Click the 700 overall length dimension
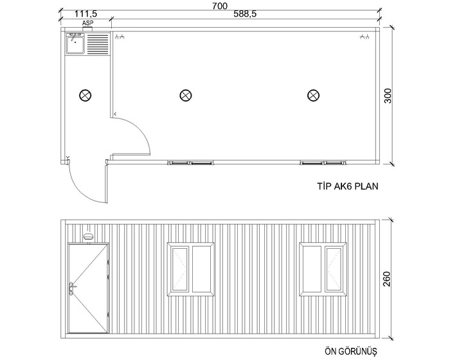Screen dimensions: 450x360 (x=220, y=6)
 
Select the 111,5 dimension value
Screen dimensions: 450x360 (x=85, y=14)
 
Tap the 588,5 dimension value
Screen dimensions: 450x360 (x=245, y=14)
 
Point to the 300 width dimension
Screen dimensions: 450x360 (x=388, y=96)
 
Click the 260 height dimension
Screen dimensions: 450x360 (x=387, y=279)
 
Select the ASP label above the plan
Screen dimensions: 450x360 (x=87, y=22)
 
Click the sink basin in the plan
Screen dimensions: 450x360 (x=75, y=43)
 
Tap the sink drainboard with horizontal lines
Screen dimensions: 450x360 (x=98, y=44)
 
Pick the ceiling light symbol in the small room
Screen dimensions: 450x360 (x=85, y=95)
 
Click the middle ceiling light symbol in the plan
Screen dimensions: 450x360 (x=186, y=95)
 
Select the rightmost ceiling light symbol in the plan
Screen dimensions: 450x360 (x=313, y=95)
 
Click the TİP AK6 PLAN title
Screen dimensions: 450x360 (x=348, y=186)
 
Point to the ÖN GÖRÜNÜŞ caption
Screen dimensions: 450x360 (x=351, y=352)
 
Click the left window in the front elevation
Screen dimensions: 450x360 (x=190, y=269)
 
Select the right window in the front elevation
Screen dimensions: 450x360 (x=323, y=269)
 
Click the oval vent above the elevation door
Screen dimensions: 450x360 (x=88, y=237)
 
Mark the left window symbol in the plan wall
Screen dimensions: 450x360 (x=190, y=163)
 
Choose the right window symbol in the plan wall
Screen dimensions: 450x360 (x=323, y=163)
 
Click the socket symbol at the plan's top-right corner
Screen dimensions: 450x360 (x=364, y=37)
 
